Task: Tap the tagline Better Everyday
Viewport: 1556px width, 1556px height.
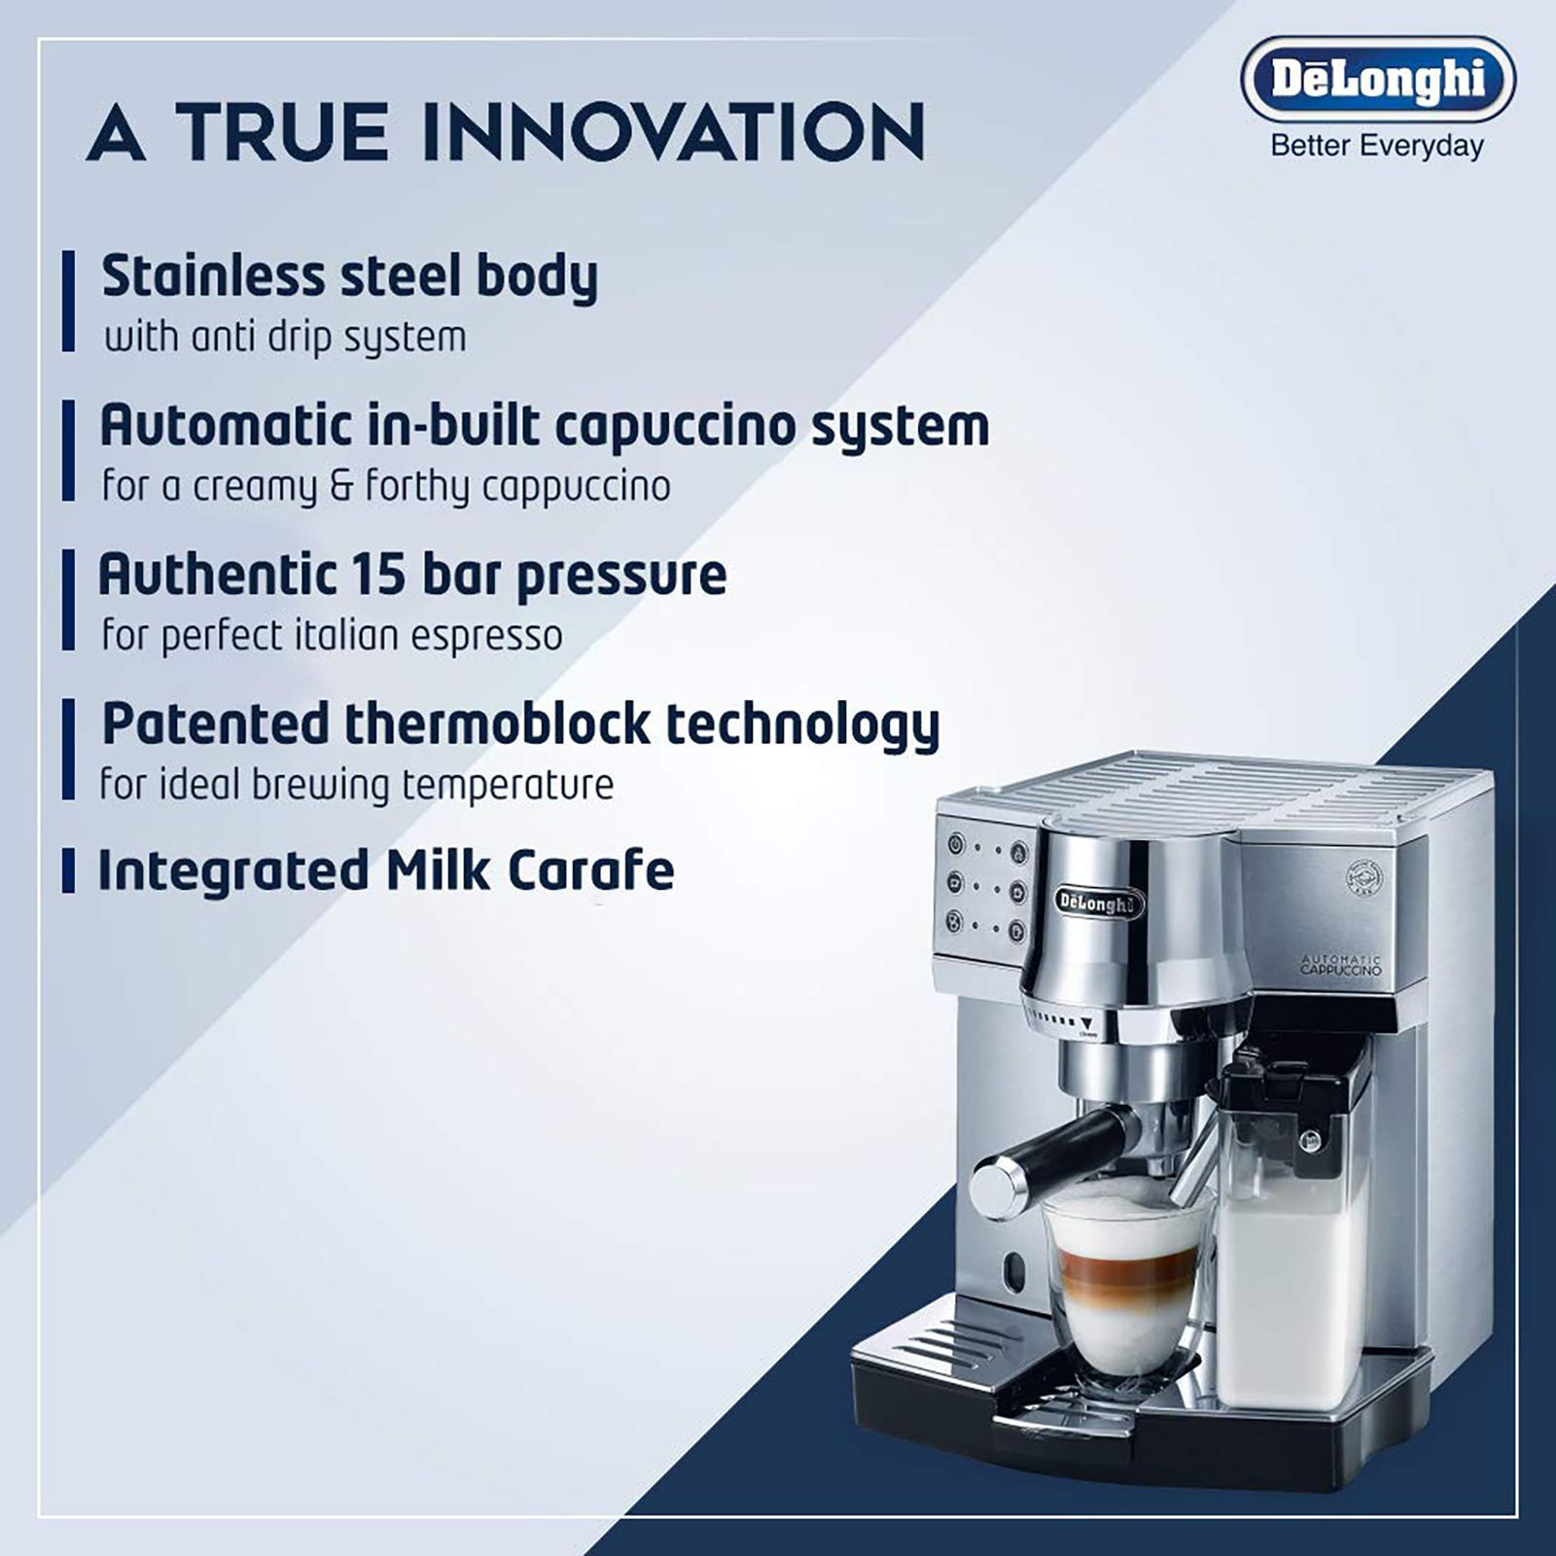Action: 1377,147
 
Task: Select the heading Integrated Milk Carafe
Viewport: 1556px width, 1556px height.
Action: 386,870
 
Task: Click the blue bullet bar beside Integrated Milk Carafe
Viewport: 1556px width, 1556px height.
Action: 68,870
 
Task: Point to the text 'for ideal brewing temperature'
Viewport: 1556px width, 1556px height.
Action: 356,785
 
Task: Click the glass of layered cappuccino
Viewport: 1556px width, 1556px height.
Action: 1129,1284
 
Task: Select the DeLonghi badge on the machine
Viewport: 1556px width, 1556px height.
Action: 1100,902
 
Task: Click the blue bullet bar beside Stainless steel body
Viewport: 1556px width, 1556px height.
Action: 68,301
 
